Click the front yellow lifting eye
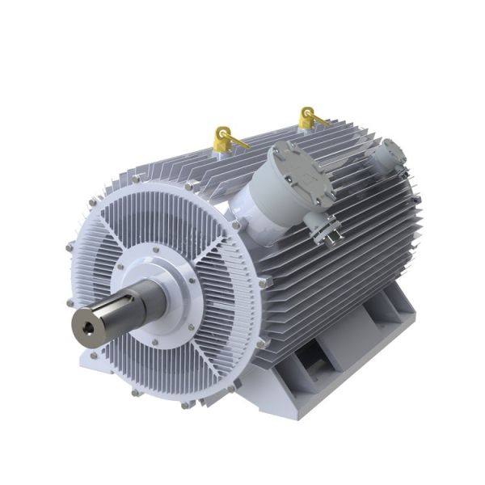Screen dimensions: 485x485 (x=222, y=139)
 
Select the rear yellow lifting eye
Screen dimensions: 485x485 (x=308, y=119)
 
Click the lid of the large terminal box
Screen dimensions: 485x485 (x=303, y=174)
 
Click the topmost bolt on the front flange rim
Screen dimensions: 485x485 (x=189, y=187)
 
